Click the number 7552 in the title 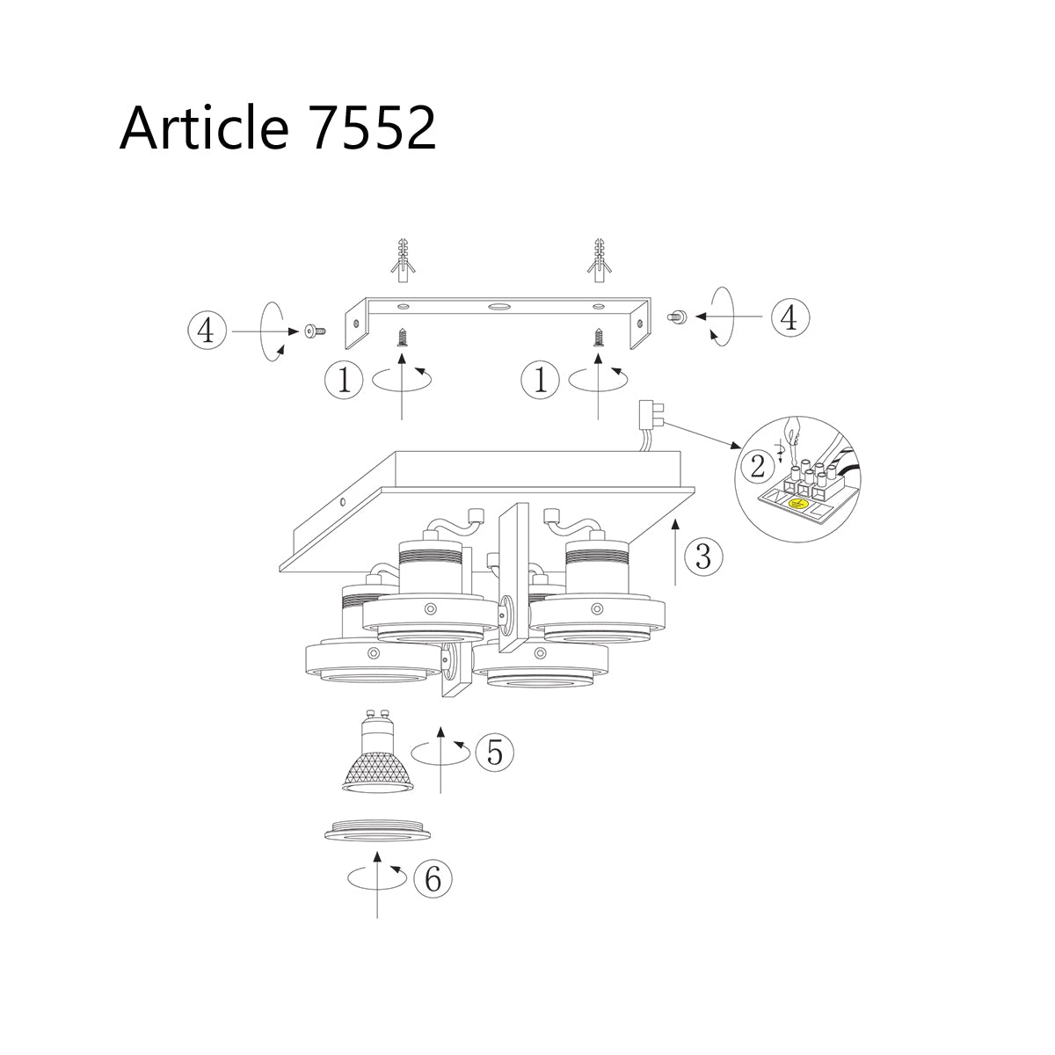coord(374,128)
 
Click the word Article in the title coord(204,128)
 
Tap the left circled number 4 coord(205,331)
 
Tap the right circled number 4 coord(789,317)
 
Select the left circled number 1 coord(343,381)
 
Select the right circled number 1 coord(540,381)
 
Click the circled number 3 coord(702,557)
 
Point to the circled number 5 coord(494,753)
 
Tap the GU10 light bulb coord(375,760)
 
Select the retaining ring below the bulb coord(378,832)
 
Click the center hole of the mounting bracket coord(499,307)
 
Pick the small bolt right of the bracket coord(678,316)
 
